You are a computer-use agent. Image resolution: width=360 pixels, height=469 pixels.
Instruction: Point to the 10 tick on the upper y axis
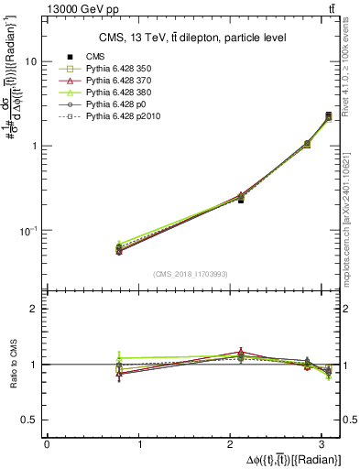click(30, 61)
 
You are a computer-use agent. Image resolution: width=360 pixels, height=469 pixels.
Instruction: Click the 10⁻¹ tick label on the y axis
click(27, 230)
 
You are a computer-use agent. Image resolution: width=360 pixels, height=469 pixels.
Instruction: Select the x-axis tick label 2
click(233, 444)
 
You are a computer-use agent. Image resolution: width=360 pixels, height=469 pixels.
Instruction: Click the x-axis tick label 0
click(47, 444)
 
